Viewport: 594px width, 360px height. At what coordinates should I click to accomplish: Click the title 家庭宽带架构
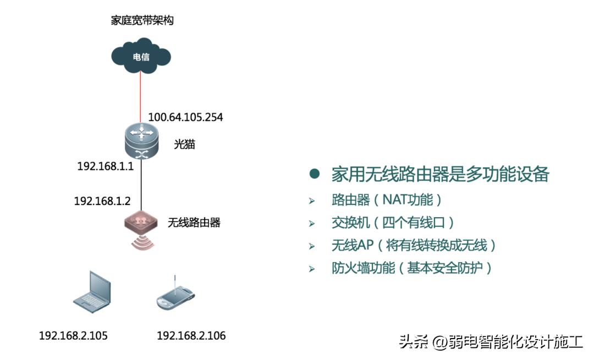coord(142,21)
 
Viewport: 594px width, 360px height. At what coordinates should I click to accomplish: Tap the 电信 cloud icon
coord(141,56)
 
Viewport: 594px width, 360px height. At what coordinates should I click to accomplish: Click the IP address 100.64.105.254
coord(185,118)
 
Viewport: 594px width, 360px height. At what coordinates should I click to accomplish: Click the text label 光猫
coord(184,145)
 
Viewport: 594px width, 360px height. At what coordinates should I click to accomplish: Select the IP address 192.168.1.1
coord(106,166)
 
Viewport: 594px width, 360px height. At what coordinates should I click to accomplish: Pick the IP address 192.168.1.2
coord(102,201)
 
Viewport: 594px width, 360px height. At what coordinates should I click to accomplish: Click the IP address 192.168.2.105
coord(73,336)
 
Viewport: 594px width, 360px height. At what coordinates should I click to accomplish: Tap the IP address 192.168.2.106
coord(191,336)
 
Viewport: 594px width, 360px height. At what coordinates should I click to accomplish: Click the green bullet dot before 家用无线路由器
coord(315,175)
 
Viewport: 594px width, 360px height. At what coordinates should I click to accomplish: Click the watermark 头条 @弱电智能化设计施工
coord(491,342)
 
